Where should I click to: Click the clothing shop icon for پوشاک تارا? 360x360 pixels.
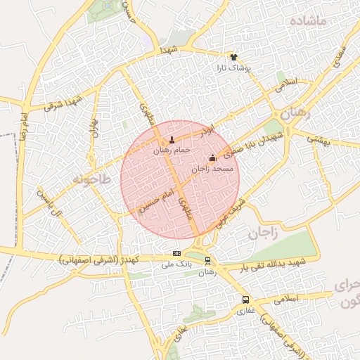(x=234, y=57)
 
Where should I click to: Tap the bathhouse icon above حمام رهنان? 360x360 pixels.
(x=171, y=141)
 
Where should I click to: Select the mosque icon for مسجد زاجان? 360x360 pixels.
(x=212, y=158)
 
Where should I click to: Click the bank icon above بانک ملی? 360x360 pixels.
(x=176, y=254)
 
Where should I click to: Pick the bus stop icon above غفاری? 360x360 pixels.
(x=245, y=300)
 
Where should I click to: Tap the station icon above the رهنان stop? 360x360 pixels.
(x=207, y=260)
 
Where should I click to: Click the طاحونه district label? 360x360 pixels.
(x=91, y=180)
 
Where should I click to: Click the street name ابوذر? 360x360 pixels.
(x=204, y=131)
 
